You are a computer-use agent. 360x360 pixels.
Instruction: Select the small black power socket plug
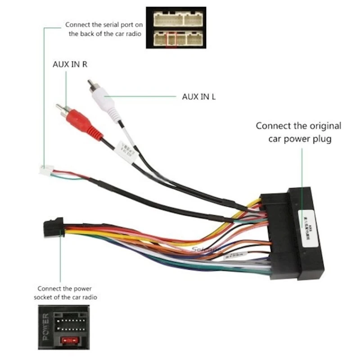click(54, 228)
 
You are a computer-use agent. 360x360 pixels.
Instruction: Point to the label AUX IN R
click(70, 64)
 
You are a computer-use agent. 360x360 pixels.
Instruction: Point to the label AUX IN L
click(198, 96)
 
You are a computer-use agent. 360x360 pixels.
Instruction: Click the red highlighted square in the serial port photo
click(171, 39)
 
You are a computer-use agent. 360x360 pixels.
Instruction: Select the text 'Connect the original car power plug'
click(299, 132)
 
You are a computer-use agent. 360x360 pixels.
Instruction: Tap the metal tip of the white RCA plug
click(91, 84)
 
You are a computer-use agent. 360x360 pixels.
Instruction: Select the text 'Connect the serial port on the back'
click(104, 29)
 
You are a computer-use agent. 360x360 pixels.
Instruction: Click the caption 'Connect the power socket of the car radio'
click(67, 292)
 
